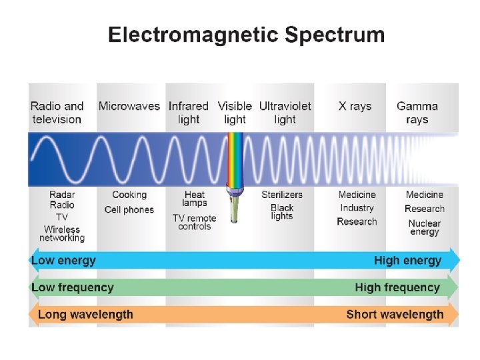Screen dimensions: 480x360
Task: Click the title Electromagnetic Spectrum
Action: click(x=246, y=35)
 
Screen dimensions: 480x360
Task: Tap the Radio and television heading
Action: click(x=57, y=113)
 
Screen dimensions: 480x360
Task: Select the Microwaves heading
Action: click(x=129, y=106)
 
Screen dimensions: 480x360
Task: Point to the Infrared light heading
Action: click(x=189, y=113)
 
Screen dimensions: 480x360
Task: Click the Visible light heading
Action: click(x=235, y=113)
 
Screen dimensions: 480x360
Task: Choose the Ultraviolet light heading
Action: click(x=285, y=113)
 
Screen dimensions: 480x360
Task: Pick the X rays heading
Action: click(x=355, y=106)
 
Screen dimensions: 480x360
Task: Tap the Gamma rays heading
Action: click(x=417, y=113)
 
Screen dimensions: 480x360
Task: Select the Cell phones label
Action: click(x=129, y=210)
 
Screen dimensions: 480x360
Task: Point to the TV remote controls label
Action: click(x=194, y=222)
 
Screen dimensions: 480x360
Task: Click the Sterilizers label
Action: click(x=282, y=195)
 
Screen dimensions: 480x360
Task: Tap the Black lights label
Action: click(x=282, y=212)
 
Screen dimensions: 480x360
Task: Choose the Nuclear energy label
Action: click(x=425, y=227)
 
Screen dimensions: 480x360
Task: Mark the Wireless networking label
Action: click(x=62, y=233)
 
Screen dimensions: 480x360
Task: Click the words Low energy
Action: click(x=64, y=260)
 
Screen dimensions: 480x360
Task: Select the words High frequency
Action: click(x=397, y=287)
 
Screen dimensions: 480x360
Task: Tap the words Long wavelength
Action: click(x=85, y=314)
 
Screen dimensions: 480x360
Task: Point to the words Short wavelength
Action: click(x=395, y=314)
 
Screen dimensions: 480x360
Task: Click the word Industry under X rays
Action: click(x=357, y=208)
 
